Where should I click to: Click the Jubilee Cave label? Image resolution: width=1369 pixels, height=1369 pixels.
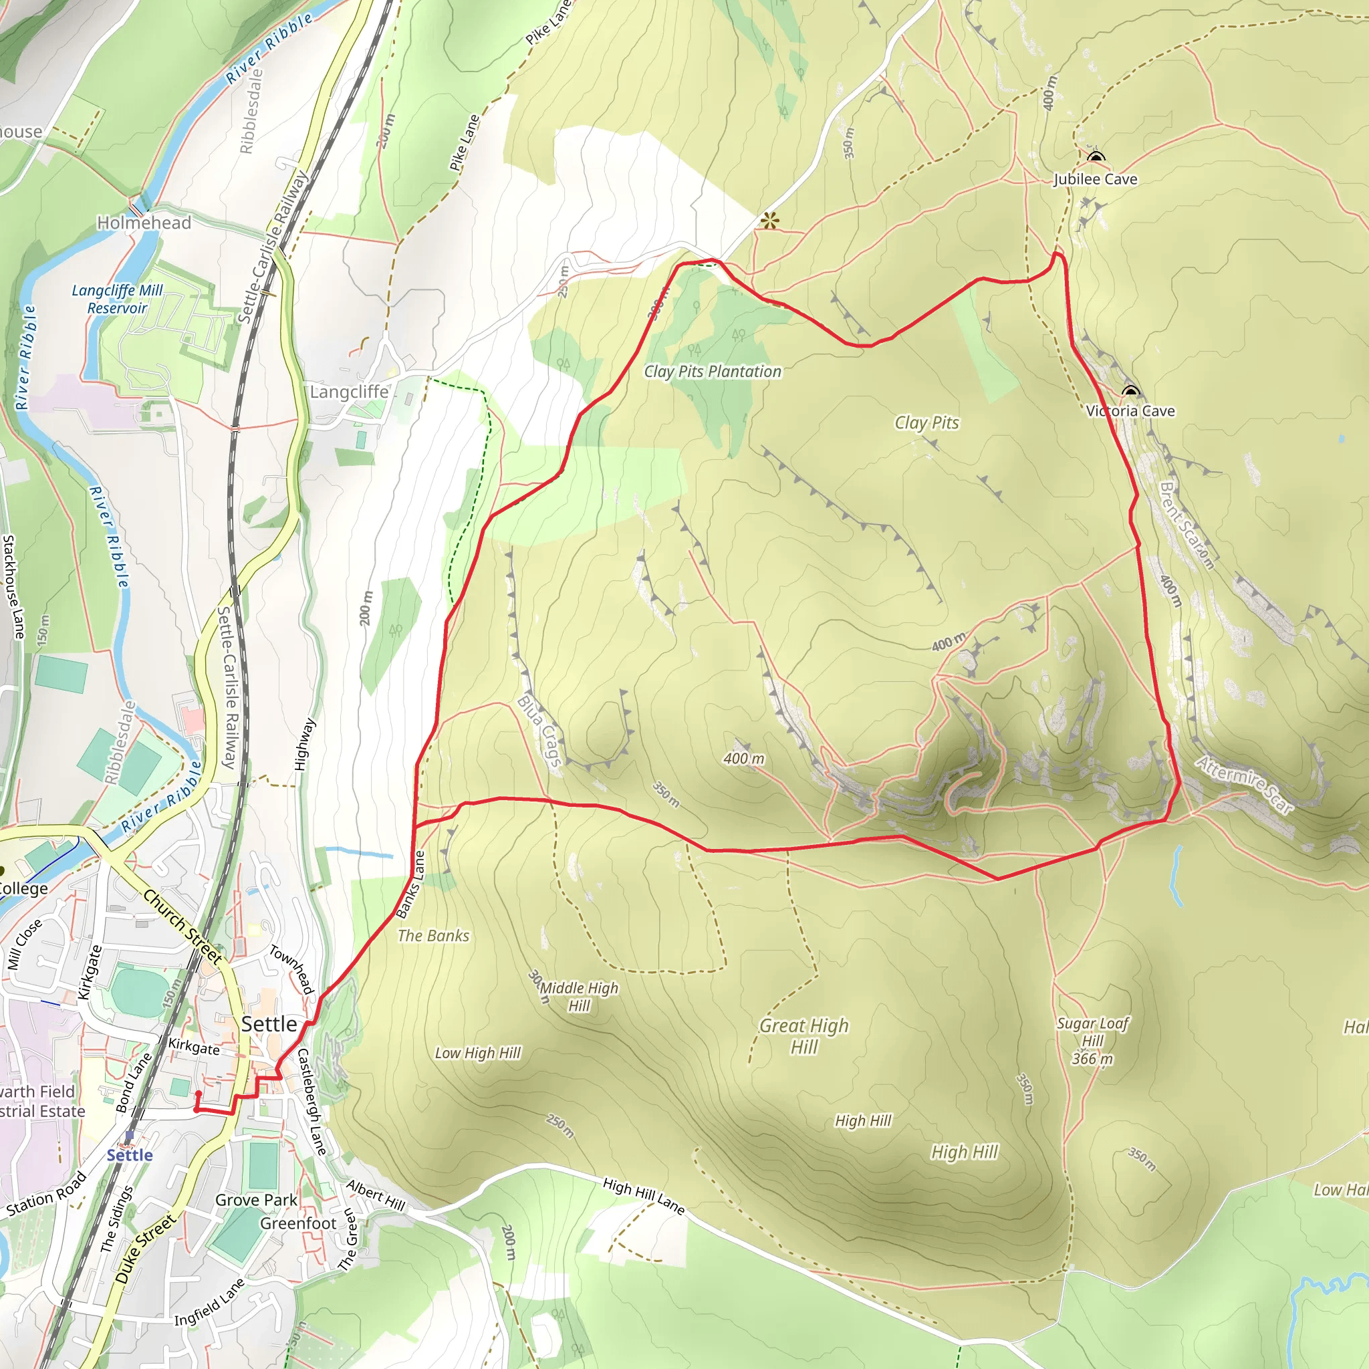pyautogui.click(x=1095, y=179)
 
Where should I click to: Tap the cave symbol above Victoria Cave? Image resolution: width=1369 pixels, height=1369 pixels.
pyautogui.click(x=1130, y=390)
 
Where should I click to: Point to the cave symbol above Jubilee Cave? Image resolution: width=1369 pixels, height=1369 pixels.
pyautogui.click(x=1096, y=156)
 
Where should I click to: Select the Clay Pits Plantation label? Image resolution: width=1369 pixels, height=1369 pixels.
pyautogui.click(x=712, y=371)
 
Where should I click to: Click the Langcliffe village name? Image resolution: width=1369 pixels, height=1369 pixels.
pyautogui.click(x=350, y=392)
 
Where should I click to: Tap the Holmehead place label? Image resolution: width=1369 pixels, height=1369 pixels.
pyautogui.click(x=144, y=223)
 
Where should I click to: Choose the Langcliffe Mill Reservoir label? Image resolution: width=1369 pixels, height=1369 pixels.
pyautogui.click(x=117, y=299)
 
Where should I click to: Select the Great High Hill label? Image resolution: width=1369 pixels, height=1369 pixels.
pyautogui.click(x=803, y=1035)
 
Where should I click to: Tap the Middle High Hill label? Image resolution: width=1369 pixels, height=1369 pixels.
pyautogui.click(x=579, y=996)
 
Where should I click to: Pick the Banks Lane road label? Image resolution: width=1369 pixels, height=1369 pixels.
pyautogui.click(x=410, y=884)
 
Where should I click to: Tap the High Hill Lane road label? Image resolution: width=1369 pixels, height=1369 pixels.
pyautogui.click(x=644, y=1196)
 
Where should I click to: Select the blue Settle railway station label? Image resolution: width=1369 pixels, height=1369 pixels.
pyautogui.click(x=130, y=1155)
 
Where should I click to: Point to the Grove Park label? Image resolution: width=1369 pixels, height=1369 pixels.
pyautogui.click(x=256, y=1200)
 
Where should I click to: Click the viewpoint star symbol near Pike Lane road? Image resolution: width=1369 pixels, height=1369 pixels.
pyautogui.click(x=769, y=221)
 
